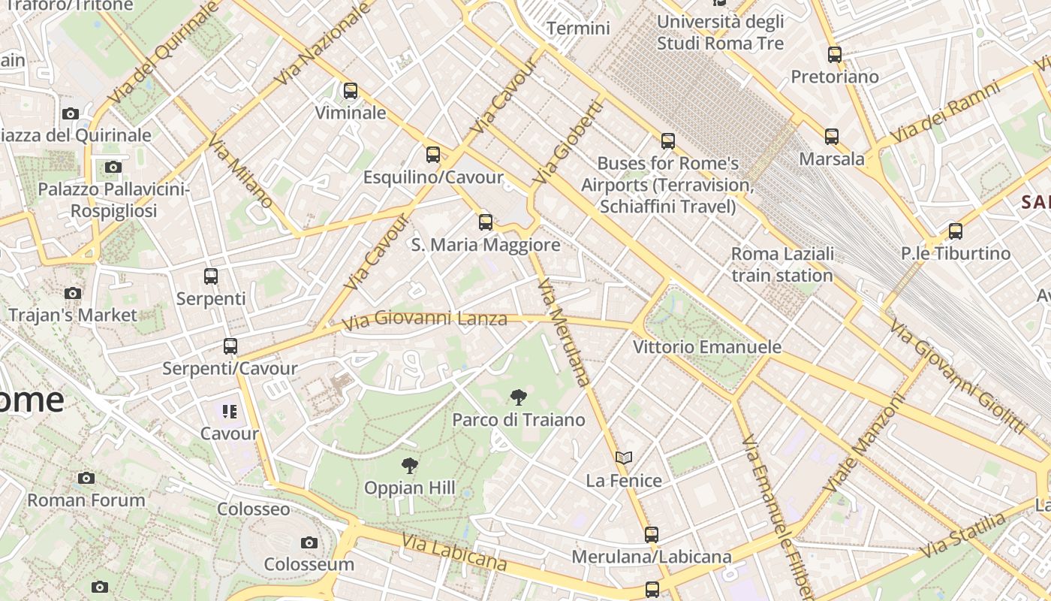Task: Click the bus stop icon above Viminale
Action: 350,91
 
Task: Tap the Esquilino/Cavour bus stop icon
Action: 433,155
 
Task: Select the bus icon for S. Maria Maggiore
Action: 486,222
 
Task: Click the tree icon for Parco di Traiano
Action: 518,397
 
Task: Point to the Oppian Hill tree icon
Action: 409,466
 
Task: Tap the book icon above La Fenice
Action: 623,458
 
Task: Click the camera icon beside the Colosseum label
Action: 309,542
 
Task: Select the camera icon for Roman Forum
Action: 86,478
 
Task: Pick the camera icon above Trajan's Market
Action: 73,293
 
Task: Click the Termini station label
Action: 578,29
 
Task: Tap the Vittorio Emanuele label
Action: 707,347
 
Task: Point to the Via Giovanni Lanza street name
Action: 424,320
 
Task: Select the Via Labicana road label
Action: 453,552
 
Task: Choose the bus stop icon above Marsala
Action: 831,137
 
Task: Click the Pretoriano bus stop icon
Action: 834,54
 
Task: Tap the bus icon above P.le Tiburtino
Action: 955,231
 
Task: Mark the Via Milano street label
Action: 240,172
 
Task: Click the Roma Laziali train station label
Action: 782,264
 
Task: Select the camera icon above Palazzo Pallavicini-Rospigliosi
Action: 113,167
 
